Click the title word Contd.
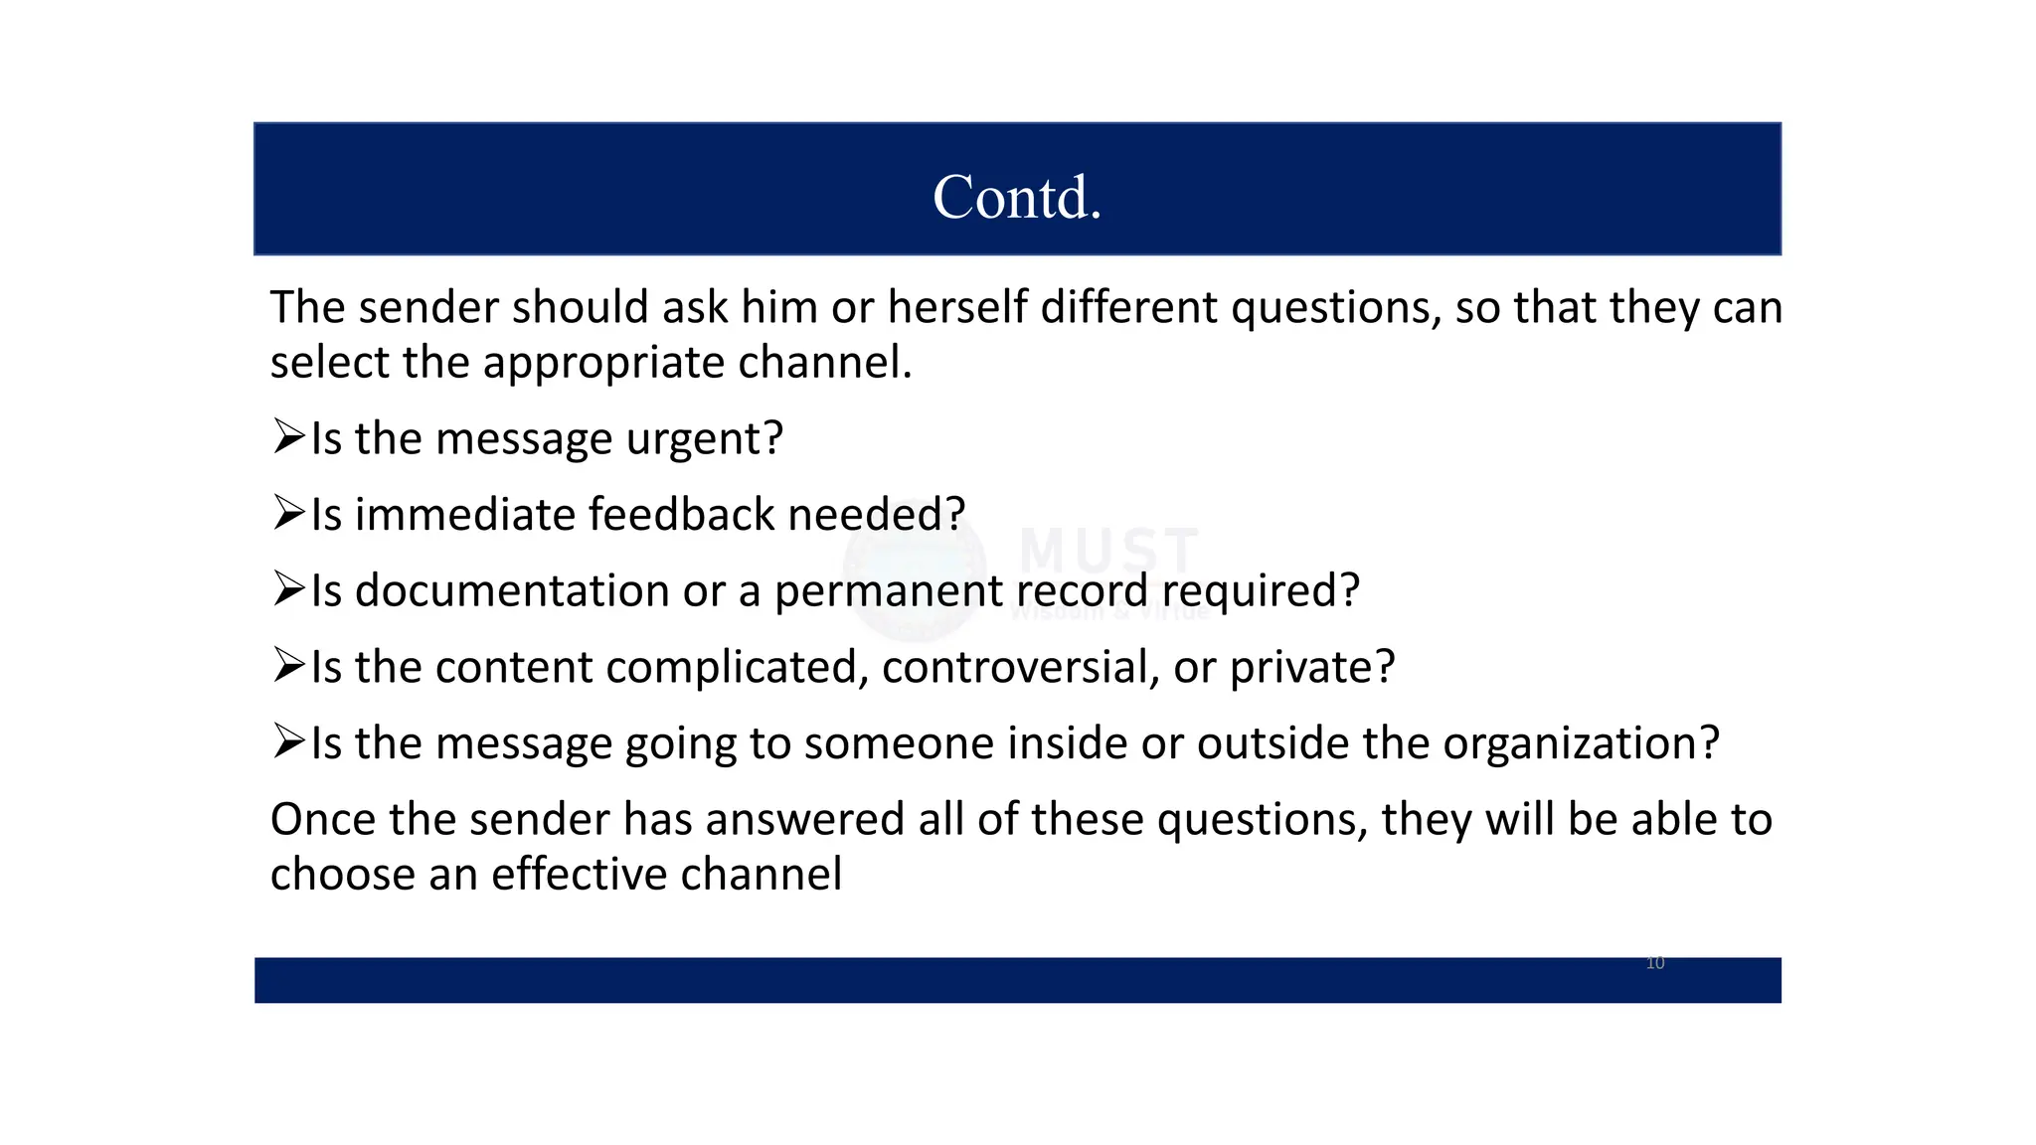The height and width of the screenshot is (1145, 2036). pos(1017,197)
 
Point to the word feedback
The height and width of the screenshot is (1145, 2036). pos(681,514)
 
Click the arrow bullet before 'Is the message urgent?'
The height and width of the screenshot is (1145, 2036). pos(288,436)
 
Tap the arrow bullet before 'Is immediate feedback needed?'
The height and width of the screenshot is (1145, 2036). pos(288,513)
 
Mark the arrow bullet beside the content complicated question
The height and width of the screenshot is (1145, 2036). pos(288,665)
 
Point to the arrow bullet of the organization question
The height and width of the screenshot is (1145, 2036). pos(288,741)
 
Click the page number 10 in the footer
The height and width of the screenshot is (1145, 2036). pos(1655,962)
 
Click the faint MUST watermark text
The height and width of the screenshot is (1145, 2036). pos(1108,550)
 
